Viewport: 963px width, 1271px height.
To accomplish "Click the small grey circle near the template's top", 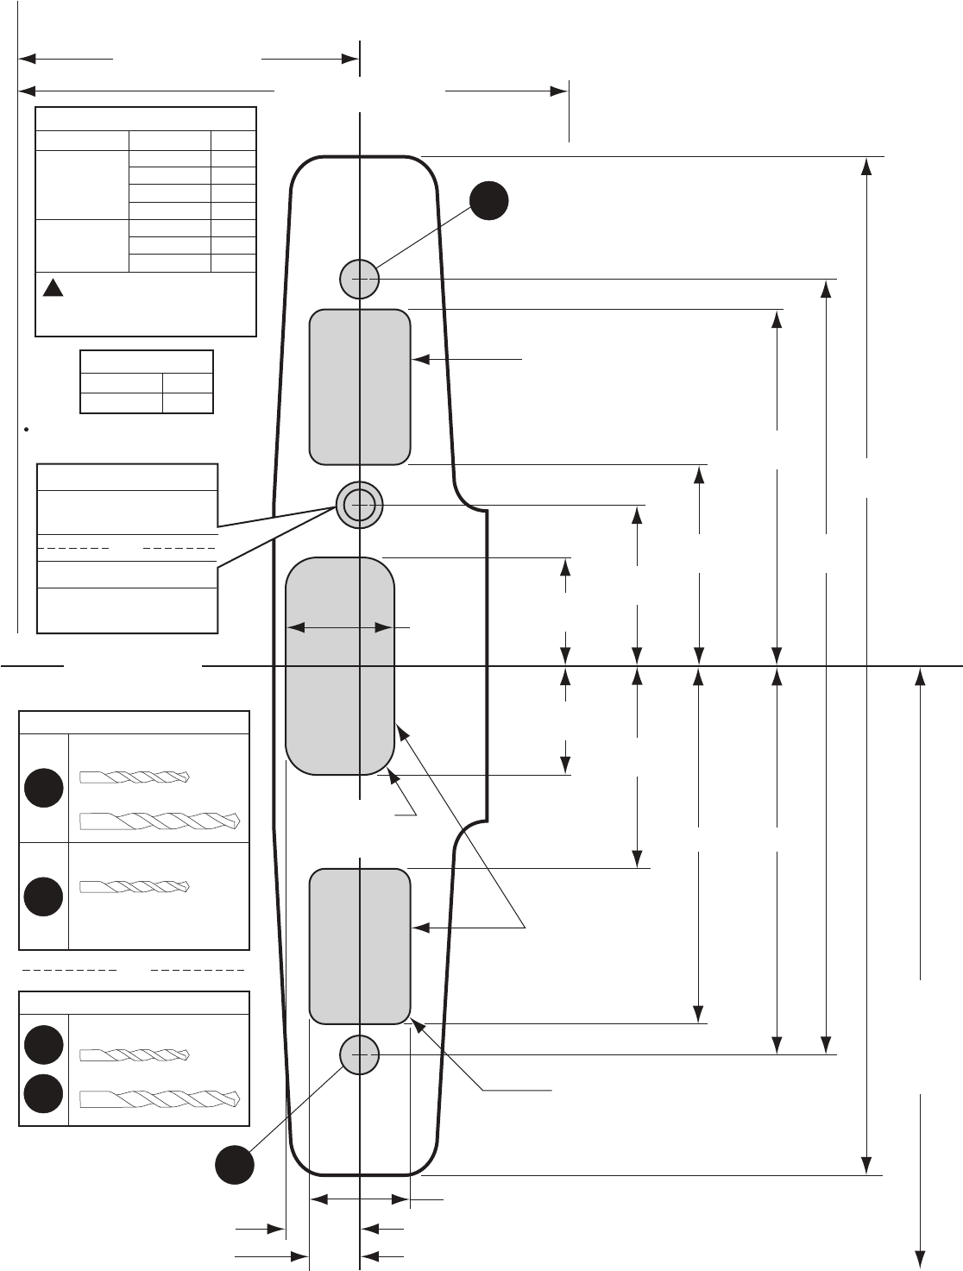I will pyautogui.click(x=359, y=279).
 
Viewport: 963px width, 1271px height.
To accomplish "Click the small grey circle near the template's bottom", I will pyautogui.click(x=359, y=1054).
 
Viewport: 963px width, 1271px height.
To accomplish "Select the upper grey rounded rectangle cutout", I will pyautogui.click(x=359, y=387).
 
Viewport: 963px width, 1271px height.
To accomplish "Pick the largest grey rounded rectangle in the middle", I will pyautogui.click(x=340, y=665).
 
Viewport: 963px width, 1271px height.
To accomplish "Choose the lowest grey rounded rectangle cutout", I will pyautogui.click(x=359, y=947).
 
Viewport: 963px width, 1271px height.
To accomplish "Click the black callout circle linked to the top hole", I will pyautogui.click(x=488, y=201).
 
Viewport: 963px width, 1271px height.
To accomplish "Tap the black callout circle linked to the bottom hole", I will pyautogui.click(x=235, y=1165).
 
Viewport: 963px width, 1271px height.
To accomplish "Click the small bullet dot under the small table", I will pyautogui.click(x=28, y=429).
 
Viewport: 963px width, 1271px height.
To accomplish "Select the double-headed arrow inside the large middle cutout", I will pyautogui.click(x=340, y=628).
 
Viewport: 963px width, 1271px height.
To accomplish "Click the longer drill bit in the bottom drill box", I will pyautogui.click(x=160, y=1099).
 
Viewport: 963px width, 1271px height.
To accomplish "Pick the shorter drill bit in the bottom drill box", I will pyautogui.click(x=134, y=1054).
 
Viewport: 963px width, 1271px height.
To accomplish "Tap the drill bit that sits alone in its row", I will pyautogui.click(x=134, y=886).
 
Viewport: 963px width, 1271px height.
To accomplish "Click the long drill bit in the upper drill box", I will pyautogui.click(x=160, y=821).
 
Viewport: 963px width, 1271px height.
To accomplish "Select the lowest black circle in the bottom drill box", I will pyautogui.click(x=43, y=1094).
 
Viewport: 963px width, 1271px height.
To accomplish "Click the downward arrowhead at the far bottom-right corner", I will pyautogui.click(x=922, y=1256).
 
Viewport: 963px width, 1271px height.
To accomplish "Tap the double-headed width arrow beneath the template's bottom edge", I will pyautogui.click(x=359, y=1199).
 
